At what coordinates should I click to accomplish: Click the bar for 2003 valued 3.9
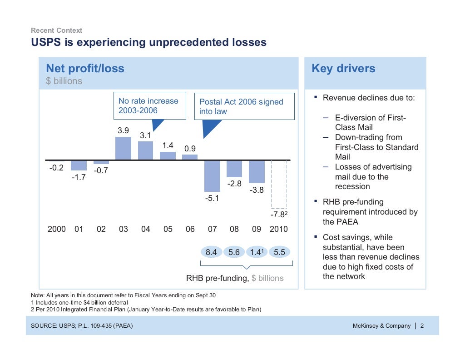123,148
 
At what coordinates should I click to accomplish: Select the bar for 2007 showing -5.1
212,176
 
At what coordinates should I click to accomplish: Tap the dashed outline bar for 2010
279,184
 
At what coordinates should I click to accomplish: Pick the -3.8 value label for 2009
257,190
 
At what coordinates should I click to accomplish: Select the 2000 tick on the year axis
57,229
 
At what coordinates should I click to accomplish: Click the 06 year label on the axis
190,229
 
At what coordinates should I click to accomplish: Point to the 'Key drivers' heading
343,69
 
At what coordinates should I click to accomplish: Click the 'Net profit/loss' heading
85,69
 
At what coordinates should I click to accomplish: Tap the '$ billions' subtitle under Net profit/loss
64,81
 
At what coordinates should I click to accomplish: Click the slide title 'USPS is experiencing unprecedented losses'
148,43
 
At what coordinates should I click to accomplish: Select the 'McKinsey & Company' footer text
381,325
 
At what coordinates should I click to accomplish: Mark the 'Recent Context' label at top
56,30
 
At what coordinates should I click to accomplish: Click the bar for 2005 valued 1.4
168,155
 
